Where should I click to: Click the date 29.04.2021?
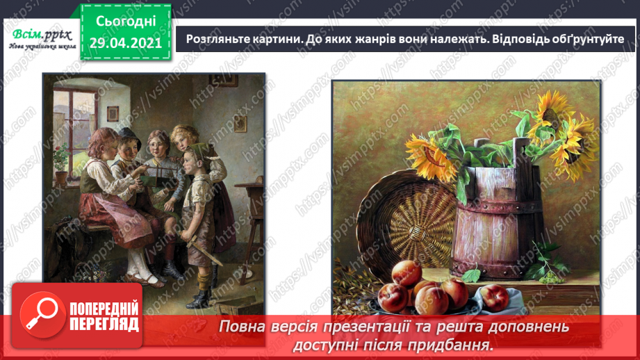(x=126, y=43)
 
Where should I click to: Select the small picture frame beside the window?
(x=240, y=124)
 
